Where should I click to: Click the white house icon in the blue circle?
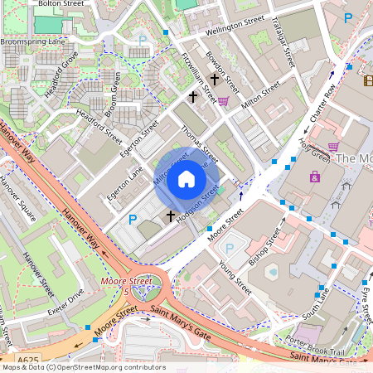(x=186, y=178)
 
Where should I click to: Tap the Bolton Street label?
(x=61, y=4)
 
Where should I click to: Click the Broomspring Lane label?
(x=32, y=40)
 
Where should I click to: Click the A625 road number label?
(x=29, y=361)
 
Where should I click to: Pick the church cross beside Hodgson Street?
(x=171, y=216)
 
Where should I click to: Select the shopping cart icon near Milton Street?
(x=223, y=100)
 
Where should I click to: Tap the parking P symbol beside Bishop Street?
(x=230, y=246)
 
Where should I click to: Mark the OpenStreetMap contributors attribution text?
(x=84, y=367)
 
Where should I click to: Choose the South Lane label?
(x=316, y=304)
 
